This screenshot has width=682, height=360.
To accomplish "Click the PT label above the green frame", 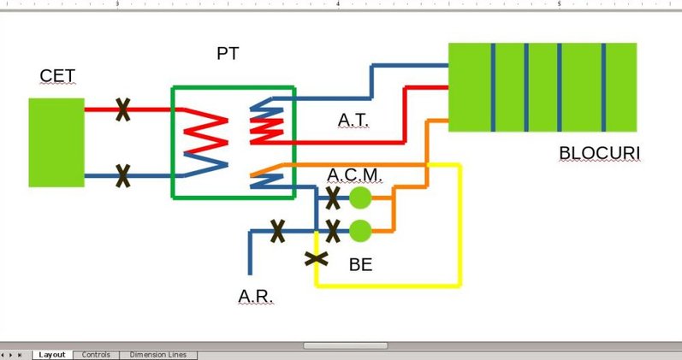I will pos(228,54).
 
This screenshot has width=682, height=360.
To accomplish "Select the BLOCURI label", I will pos(600,154).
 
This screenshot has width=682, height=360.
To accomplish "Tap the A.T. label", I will pos(353,120).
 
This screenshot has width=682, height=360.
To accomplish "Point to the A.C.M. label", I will pos(354,175).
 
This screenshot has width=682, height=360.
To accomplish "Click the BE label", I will pos(361,265).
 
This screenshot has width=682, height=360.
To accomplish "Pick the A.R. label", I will pos(255,297).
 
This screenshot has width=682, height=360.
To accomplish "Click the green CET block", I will pos(56,142).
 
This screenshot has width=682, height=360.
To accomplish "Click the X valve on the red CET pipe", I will pos(123,109).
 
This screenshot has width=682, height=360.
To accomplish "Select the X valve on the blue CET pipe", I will pos(123,176).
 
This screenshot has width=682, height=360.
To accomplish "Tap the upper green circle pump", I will pos(361,198).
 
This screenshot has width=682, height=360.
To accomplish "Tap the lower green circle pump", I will pos(361,231).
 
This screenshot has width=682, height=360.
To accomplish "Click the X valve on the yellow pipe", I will pos(317,257).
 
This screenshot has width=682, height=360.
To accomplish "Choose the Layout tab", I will pos(52,355).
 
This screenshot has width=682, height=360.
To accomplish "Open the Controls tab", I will pos(96,355).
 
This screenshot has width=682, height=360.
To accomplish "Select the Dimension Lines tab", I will pos(157,355).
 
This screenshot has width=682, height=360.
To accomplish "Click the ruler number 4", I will pos(338,4).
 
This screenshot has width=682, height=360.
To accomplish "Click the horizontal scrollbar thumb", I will pos(345,345).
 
